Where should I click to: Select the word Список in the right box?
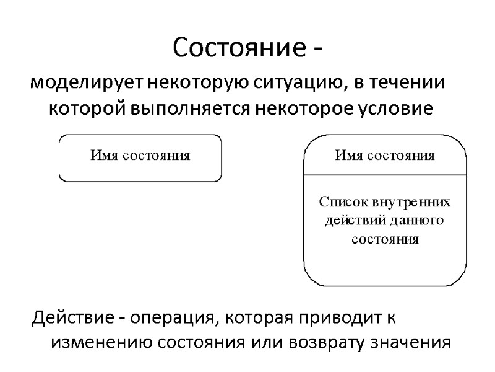coord(342,202)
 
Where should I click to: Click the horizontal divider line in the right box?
coord(385,175)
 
